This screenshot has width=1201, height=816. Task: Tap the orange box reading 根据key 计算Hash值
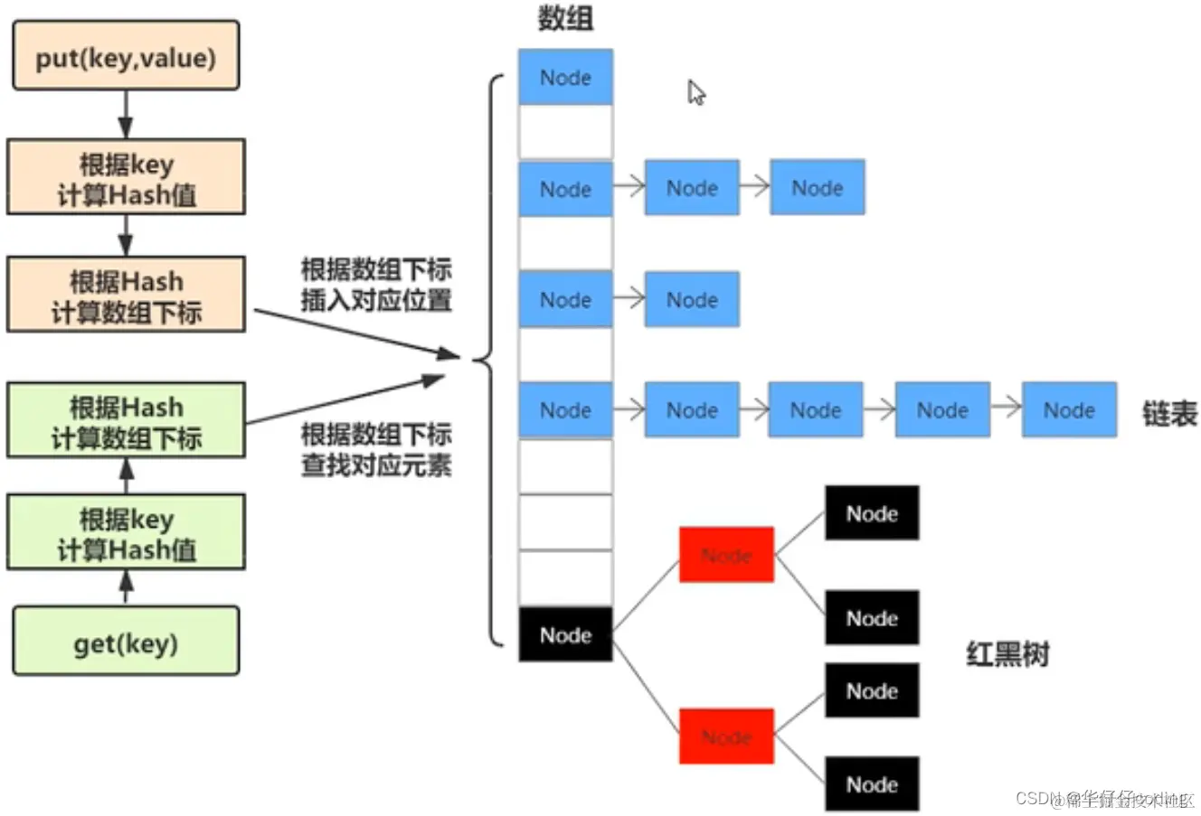pos(126,177)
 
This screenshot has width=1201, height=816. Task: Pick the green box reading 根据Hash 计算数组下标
pos(126,421)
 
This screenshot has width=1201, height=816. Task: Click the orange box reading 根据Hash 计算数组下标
pos(126,295)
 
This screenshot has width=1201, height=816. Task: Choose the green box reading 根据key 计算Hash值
pos(126,532)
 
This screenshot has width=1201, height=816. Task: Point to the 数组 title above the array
pos(565,18)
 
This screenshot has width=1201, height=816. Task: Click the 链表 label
pos(1169,413)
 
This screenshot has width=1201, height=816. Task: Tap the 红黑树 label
pos(1007,652)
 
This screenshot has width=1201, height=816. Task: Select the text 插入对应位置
pos(376,300)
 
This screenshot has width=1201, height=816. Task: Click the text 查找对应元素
pos(376,465)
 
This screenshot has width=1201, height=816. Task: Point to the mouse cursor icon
pos(695,92)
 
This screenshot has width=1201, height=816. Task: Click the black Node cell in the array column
pos(565,634)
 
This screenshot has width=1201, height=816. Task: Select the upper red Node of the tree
pos(726,554)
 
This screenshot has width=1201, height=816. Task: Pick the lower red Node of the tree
pos(726,736)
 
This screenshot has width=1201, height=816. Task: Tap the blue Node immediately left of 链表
pos(1069,410)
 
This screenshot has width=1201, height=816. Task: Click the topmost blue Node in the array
pos(565,78)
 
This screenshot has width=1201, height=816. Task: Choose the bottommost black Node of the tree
pos(872,783)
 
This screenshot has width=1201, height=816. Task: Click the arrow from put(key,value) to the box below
pos(126,115)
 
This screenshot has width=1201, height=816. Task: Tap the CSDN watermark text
pos(1103,799)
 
